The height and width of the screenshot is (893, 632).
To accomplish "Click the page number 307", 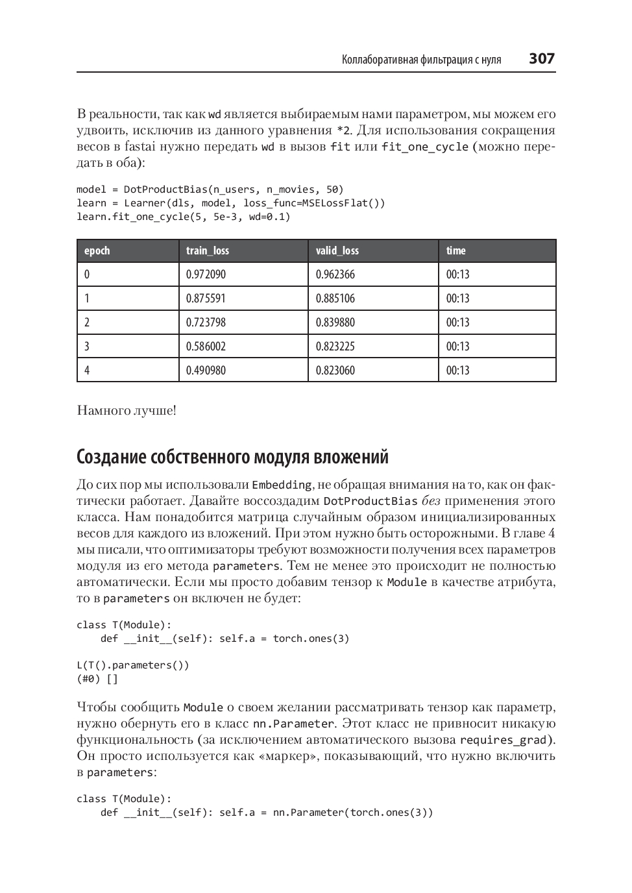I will [x=541, y=59].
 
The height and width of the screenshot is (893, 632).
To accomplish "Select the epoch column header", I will [x=97, y=251].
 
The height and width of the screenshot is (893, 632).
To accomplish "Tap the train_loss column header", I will [x=207, y=251].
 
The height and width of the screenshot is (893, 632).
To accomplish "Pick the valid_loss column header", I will [x=337, y=251].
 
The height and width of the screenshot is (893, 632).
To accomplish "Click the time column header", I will [x=456, y=251].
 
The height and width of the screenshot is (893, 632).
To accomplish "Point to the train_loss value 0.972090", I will [x=206, y=275].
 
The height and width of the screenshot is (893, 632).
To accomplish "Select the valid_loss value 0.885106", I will [x=335, y=299].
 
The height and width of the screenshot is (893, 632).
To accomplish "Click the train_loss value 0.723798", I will [x=206, y=323].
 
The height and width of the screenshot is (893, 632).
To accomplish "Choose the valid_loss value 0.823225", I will [x=335, y=347].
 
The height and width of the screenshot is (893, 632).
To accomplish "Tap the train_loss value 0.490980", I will [x=206, y=371].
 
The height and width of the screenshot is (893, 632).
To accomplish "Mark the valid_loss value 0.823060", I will [x=335, y=371].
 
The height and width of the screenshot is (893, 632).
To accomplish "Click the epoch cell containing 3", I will [x=87, y=347].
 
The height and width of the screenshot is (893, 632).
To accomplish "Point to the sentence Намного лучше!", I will [x=127, y=411].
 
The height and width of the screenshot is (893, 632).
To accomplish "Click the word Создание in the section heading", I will [x=111, y=458].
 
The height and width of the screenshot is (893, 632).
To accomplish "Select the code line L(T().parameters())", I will [x=132, y=665].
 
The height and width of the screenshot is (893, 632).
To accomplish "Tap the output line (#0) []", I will [x=97, y=679].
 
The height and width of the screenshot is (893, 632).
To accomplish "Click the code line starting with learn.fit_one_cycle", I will [x=183, y=217].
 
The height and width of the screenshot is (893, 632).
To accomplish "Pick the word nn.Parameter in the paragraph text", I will [x=293, y=724].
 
